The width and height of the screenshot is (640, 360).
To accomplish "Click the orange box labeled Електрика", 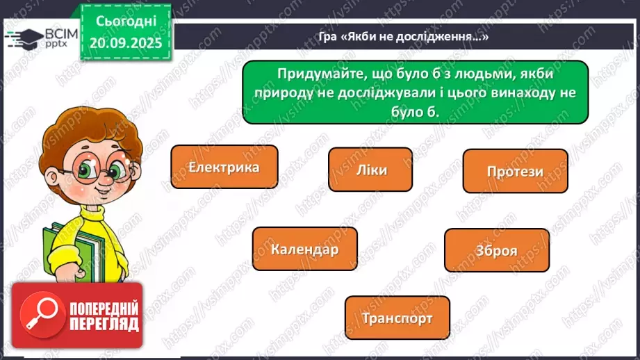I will click(x=224, y=167).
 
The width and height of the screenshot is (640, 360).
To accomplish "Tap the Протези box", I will click(x=515, y=171).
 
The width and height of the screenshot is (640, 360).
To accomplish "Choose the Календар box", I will click(x=304, y=249).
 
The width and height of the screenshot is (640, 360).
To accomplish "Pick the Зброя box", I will click(x=496, y=250).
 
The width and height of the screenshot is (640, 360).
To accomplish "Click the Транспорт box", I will click(x=397, y=318).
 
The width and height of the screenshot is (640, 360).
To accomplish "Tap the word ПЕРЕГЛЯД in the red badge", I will click(x=104, y=325).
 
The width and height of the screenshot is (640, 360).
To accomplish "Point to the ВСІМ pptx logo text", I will click(x=59, y=36).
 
